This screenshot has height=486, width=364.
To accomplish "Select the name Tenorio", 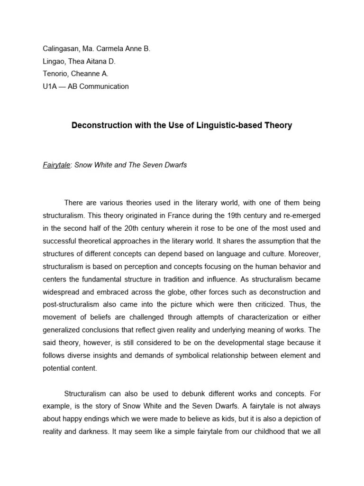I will pos(56,74).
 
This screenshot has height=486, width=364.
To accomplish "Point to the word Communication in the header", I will pos(105,86).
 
